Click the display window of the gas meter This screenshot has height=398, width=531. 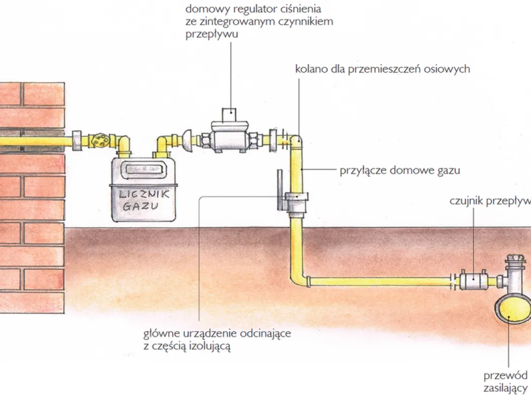144,170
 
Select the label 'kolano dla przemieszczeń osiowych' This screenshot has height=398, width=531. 382,69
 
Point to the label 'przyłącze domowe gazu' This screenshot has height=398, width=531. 400,170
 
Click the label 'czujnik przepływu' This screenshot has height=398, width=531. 490,201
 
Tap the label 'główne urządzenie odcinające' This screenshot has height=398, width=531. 217,334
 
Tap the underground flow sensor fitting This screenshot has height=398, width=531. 474,278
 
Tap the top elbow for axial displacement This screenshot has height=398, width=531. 297,142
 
